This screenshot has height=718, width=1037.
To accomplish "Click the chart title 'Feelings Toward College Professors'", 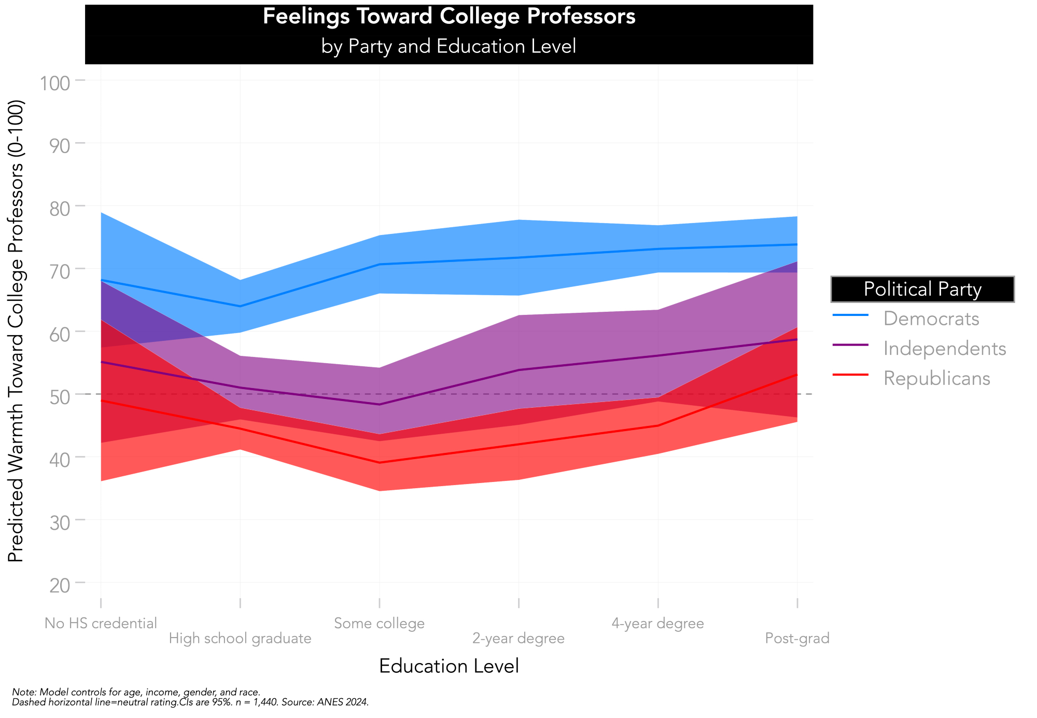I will pyautogui.click(x=449, y=17).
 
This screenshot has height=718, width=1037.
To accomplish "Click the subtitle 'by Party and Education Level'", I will pyautogui.click(x=449, y=47).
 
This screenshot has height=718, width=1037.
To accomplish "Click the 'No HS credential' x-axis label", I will pyautogui.click(x=101, y=623).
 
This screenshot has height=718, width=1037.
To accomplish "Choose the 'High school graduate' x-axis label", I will pyautogui.click(x=240, y=639).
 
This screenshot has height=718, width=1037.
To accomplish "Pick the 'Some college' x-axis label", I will pyautogui.click(x=380, y=623).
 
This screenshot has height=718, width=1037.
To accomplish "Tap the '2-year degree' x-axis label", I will pyautogui.click(x=518, y=639).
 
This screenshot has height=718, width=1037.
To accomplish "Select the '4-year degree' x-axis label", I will pyautogui.click(x=658, y=623).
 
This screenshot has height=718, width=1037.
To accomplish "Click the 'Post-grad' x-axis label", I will pyautogui.click(x=797, y=639).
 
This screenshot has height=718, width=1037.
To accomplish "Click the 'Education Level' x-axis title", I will pyautogui.click(x=449, y=666).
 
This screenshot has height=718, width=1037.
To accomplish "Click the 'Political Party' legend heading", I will pyautogui.click(x=922, y=289).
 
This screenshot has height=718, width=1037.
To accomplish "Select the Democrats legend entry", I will pyautogui.click(x=931, y=319).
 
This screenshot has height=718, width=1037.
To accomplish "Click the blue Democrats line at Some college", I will pyautogui.click(x=380, y=265).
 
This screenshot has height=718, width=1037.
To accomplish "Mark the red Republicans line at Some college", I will pyautogui.click(x=380, y=463).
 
